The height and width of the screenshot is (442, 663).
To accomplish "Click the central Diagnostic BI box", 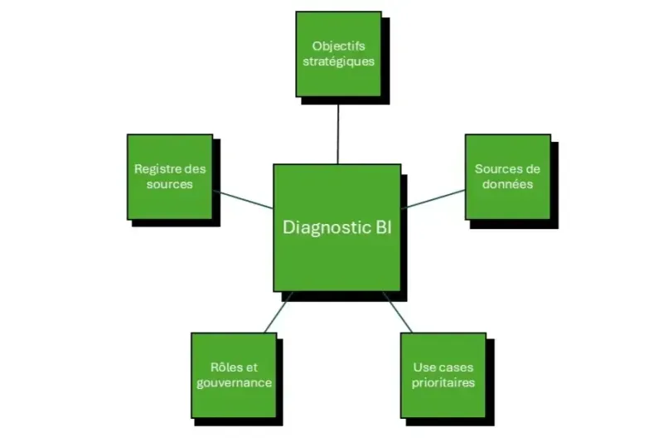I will (x=337, y=249).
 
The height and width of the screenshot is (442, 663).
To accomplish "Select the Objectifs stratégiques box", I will (x=338, y=53).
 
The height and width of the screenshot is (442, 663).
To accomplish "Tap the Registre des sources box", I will (x=170, y=177).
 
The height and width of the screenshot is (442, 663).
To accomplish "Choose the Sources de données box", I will (x=507, y=177).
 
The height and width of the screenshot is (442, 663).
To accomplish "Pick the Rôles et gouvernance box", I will (x=234, y=375).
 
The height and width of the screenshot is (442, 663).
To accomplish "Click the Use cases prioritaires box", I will (x=443, y=375).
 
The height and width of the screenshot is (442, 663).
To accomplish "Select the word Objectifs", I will (x=338, y=46).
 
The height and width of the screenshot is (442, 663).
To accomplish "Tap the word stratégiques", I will (x=338, y=61).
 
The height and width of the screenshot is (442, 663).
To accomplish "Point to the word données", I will (x=507, y=184).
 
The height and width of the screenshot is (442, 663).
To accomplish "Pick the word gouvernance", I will (x=234, y=383).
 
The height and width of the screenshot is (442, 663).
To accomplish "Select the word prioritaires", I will (x=443, y=383).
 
